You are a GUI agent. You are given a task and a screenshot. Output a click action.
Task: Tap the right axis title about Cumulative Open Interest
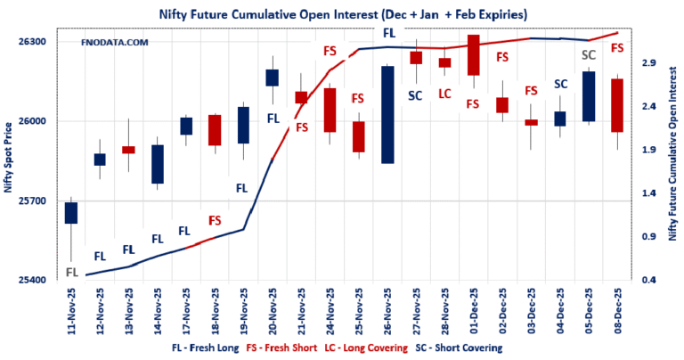pos(672,161)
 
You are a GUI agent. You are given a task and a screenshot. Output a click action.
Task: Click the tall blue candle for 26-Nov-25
pos(387,114)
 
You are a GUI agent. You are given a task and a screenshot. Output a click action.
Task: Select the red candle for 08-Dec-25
pos(616,105)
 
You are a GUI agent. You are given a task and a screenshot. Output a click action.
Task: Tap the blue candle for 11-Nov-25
pos(71,212)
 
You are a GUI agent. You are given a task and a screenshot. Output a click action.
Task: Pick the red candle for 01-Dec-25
pos(473,55)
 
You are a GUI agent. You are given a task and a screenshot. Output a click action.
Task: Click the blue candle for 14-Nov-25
pos(158,164)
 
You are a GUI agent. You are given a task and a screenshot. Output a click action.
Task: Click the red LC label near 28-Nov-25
pos(444,93)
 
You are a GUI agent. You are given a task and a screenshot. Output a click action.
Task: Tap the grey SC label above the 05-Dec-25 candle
pos(588,55)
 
